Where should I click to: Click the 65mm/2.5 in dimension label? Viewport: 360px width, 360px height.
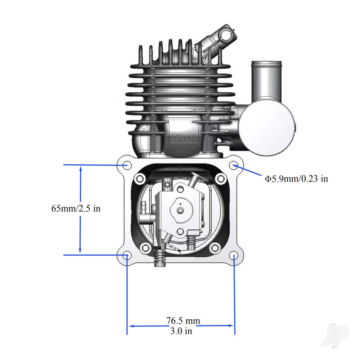coord(76,208)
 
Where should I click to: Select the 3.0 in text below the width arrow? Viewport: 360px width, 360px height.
coord(181,331)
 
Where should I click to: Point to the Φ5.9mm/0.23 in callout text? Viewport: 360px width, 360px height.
coord(297,178)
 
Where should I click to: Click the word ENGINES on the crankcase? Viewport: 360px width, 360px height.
coord(184,147)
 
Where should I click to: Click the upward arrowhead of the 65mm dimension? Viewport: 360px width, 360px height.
coord(80,168)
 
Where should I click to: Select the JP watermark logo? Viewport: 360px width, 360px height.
coord(335,334)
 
